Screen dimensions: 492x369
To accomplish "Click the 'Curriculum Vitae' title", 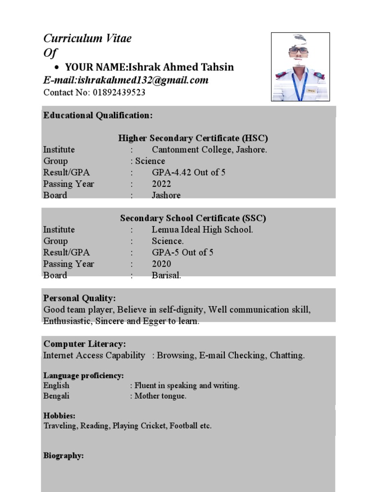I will [87, 38].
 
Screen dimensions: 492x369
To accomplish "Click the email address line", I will [126, 80].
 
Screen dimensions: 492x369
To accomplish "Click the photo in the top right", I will [300, 67].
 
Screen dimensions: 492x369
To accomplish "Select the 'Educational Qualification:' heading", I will [98, 115].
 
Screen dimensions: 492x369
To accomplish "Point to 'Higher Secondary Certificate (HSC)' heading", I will [193, 138].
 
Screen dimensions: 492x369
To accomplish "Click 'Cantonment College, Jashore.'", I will [209, 149].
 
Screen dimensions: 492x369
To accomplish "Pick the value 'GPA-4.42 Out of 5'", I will [188, 172].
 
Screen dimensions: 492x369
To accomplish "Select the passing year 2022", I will [161, 184].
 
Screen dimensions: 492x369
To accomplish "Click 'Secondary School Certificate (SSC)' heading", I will [193, 218].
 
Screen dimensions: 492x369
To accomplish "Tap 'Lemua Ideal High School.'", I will [202, 230].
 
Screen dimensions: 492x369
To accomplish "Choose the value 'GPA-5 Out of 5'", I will [183, 252].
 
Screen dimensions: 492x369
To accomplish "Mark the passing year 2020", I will [161, 264].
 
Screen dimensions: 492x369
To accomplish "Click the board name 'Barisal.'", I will [166, 275].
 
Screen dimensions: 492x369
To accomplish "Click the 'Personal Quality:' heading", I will [79, 298].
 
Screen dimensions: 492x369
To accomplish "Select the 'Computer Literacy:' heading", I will [85, 344].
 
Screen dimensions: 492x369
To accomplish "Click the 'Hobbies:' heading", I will [60, 416].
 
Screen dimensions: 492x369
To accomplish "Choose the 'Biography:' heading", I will [63, 455].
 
